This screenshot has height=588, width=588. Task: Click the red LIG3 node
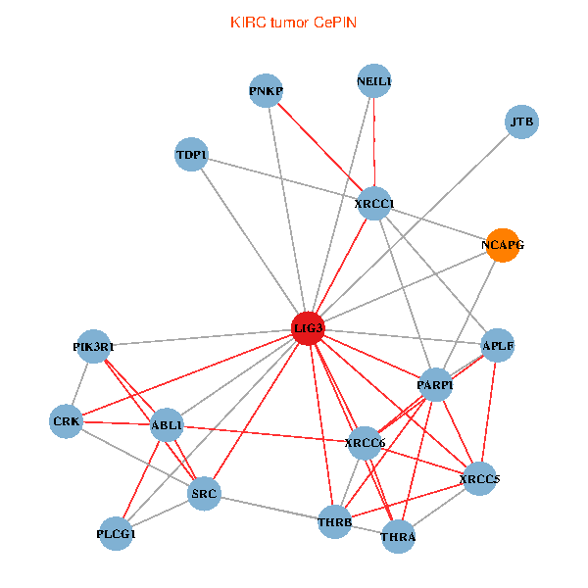pyautogui.click(x=308, y=328)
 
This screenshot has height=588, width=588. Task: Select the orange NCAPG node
pyautogui.click(x=502, y=245)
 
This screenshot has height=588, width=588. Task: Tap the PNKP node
pyautogui.click(x=266, y=92)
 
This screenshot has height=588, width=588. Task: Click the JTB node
pyautogui.click(x=521, y=122)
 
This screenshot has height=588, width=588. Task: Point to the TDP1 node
pyautogui.click(x=190, y=155)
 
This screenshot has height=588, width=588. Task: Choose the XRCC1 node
pyautogui.click(x=374, y=204)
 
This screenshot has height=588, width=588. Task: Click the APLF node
pyautogui.click(x=498, y=345)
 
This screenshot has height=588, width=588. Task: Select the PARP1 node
pyautogui.click(x=435, y=385)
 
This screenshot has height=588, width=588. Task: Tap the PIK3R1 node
pyautogui.click(x=93, y=346)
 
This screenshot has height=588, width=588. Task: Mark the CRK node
pyautogui.click(x=66, y=421)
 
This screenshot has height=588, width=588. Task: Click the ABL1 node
pyautogui.click(x=167, y=426)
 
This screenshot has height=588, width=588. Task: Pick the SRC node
pyautogui.click(x=204, y=492)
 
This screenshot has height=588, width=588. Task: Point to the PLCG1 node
pyautogui.click(x=117, y=534)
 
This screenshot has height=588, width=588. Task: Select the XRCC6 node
pyautogui.click(x=365, y=443)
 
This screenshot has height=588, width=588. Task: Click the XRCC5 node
pyautogui.click(x=478, y=479)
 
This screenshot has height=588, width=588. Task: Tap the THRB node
pyautogui.click(x=334, y=522)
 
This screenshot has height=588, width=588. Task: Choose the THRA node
pyautogui.click(x=398, y=537)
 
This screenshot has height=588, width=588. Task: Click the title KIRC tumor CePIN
pyautogui.click(x=293, y=22)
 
